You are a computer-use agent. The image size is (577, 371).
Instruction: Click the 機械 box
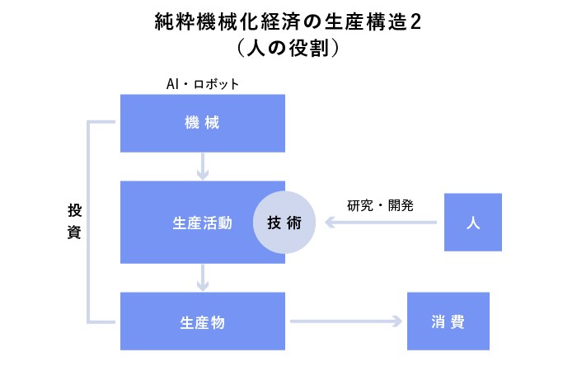pyautogui.click(x=202, y=123)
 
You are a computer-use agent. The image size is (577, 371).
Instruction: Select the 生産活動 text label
pyautogui.click(x=202, y=223)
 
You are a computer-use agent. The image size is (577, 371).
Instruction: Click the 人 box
pyautogui.click(x=472, y=223)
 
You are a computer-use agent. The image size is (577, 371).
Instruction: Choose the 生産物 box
pyautogui.click(x=202, y=322)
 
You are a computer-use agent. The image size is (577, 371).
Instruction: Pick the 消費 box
pyautogui.click(x=448, y=322)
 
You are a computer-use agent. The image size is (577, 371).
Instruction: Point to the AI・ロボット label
pyautogui.click(x=203, y=84)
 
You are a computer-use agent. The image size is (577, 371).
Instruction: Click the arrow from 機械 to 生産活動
pyautogui.click(x=203, y=167)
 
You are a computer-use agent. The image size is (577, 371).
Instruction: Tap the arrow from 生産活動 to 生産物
pyautogui.click(x=203, y=278)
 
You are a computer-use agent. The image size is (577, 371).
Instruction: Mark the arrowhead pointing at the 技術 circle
pyautogui.click(x=328, y=223)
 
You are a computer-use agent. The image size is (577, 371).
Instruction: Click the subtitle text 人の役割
pyautogui.click(x=288, y=49)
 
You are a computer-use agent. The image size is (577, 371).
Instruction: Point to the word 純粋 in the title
pyautogui.click(x=173, y=21)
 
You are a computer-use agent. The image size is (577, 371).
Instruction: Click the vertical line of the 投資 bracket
pyautogui.click(x=89, y=223)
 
